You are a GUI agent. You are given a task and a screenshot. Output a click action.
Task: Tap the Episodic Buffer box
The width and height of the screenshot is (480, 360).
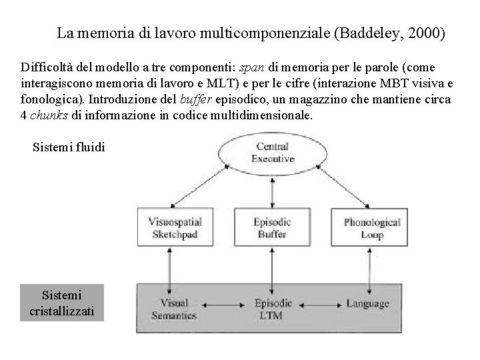pyautogui.click(x=270, y=227)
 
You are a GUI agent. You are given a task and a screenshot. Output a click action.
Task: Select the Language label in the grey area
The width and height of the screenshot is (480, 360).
pyautogui.click(x=367, y=304)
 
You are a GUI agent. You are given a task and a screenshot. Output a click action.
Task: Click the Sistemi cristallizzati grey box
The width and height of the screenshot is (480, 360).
pyautogui.click(x=63, y=303)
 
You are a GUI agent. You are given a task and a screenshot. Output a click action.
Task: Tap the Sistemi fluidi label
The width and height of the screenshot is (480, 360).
pyautogui.click(x=68, y=147)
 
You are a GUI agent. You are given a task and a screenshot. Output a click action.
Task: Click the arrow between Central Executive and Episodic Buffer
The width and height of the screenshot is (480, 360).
pyautogui.click(x=271, y=190)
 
